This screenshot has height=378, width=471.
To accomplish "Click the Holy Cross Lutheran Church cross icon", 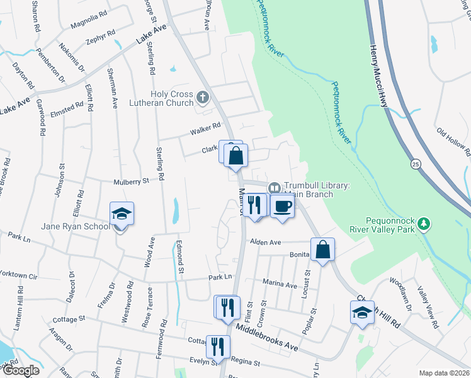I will coord(202,97).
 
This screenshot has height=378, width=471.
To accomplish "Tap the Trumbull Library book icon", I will coord(275,188).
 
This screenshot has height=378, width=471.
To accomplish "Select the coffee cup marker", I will coord(283,207).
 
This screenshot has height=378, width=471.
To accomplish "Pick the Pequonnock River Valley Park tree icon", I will coord(424,224).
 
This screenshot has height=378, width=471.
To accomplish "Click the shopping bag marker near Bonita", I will coord(322,249).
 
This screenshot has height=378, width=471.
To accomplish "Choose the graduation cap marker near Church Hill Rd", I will coord(362,313).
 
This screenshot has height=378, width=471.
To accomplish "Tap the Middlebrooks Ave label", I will coord(267,329).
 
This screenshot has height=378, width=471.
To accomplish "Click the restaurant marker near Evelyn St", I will coord(218,346).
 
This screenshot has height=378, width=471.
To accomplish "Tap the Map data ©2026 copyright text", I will coord(443,373).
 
